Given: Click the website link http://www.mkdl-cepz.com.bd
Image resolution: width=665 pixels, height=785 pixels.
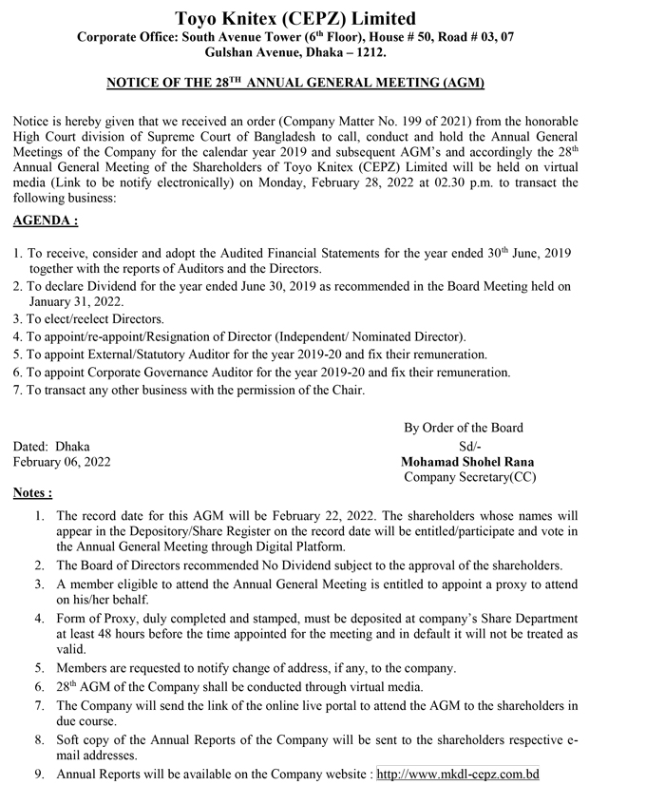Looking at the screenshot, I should pyautogui.click(x=458, y=775).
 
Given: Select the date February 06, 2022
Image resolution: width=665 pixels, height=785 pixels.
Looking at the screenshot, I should pyautogui.click(x=62, y=462).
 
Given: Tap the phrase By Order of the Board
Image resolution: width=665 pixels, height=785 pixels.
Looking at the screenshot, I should pyautogui.click(x=464, y=427).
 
